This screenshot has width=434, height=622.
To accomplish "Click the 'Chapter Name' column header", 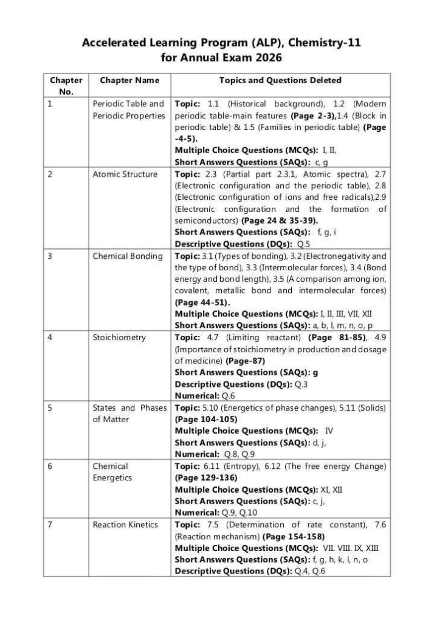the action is pyautogui.click(x=129, y=80).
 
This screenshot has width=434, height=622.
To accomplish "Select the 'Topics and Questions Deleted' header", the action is pyautogui.click(x=280, y=80).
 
